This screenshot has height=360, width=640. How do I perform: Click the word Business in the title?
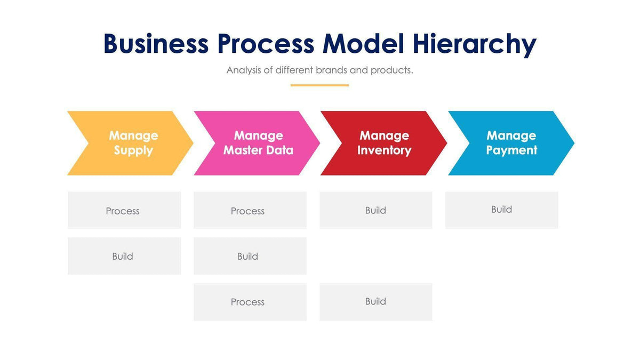tap(155, 44)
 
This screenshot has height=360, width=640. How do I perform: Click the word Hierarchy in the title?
tap(474, 44)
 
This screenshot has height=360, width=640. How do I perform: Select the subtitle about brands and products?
tap(319, 70)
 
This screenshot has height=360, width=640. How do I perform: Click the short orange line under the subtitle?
tap(319, 85)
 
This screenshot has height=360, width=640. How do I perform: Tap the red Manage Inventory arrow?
tap(384, 143)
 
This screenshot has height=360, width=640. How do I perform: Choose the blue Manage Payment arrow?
tap(511, 143)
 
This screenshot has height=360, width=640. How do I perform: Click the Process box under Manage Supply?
tap(124, 210)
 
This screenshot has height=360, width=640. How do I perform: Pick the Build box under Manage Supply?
tap(124, 256)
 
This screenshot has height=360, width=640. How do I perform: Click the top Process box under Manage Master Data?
tap(250, 210)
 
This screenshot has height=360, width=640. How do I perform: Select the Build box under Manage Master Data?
tap(250, 256)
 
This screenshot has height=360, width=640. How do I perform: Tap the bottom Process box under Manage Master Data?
tap(250, 302)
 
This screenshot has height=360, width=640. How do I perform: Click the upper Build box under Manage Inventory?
tap(375, 210)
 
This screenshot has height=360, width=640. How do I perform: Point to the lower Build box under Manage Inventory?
tap(375, 302)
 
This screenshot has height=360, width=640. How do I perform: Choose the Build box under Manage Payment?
tap(501, 210)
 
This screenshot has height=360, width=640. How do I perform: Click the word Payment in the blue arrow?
tap(511, 150)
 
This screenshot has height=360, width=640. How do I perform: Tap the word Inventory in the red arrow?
tap(384, 150)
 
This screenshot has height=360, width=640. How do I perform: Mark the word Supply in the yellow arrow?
tap(133, 150)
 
